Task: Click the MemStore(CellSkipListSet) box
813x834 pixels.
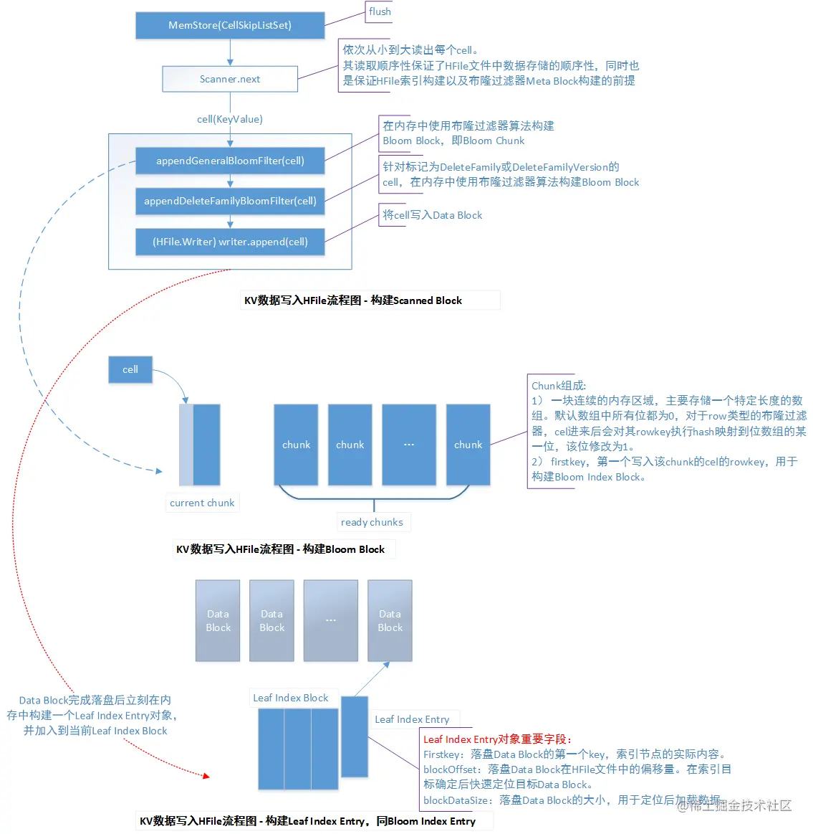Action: coord(230,25)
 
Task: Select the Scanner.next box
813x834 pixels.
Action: coord(230,79)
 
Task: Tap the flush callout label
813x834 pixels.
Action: coord(380,11)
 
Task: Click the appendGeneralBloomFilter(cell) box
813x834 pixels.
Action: coord(230,161)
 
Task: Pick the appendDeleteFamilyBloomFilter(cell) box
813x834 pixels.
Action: coord(230,201)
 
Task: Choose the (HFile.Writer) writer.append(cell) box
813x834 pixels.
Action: coord(230,242)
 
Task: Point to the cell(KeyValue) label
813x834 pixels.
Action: coord(230,119)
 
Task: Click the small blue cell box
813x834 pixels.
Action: coord(130,369)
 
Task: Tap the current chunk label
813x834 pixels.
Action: coord(202,503)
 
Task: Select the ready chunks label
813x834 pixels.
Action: coord(372,522)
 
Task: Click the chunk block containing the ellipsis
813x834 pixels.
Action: coord(409,445)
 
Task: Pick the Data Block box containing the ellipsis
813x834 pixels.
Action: coord(330,620)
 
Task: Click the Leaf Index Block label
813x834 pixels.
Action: coord(290,698)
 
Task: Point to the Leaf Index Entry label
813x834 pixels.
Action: coord(412,719)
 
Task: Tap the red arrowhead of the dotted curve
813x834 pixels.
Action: coord(206,775)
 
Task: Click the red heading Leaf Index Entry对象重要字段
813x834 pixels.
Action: coord(497,739)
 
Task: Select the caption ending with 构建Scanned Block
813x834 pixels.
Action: coord(353,300)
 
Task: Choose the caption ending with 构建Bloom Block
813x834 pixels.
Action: coord(280,549)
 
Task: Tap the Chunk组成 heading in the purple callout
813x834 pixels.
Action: coord(559,386)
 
